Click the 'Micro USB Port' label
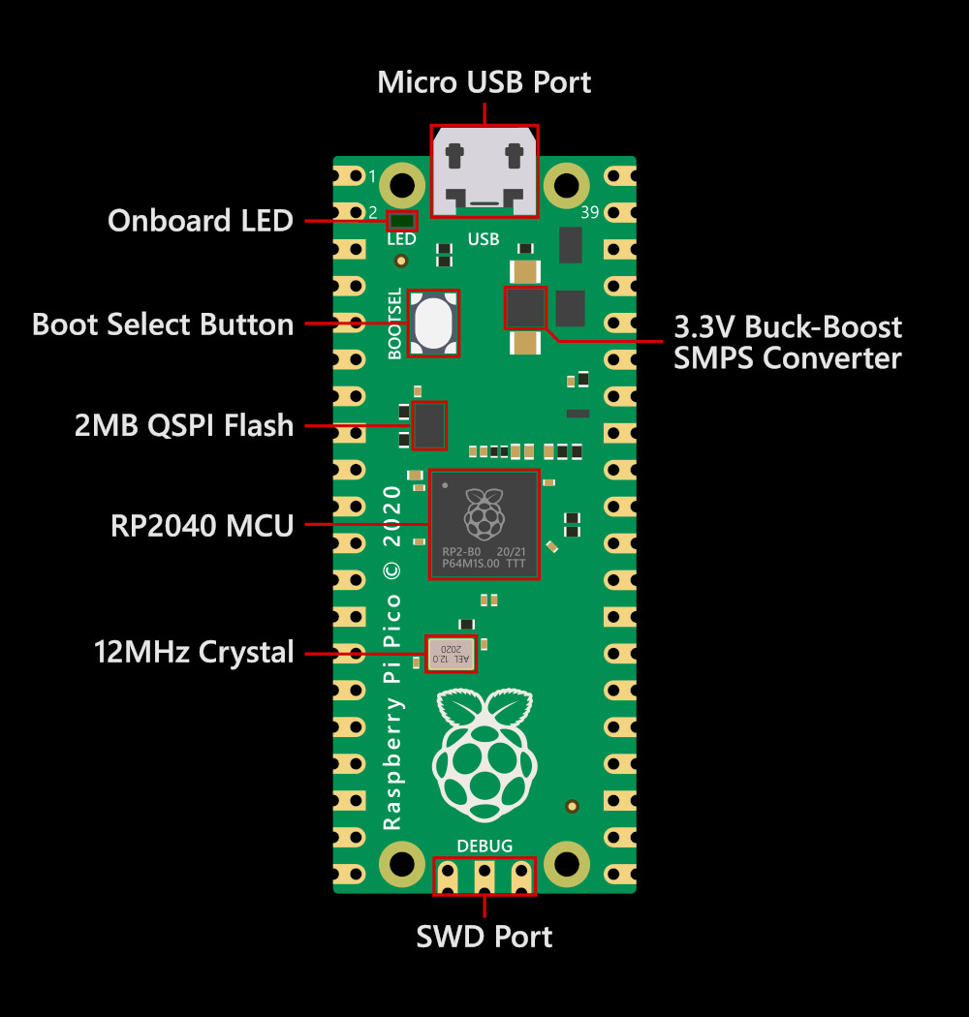click(x=484, y=82)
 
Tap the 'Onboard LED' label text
click(x=200, y=221)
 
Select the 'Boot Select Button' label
click(x=163, y=324)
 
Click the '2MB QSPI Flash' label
click(x=184, y=425)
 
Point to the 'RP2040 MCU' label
click(x=202, y=526)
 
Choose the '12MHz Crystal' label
click(x=194, y=652)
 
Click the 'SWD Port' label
click(x=484, y=937)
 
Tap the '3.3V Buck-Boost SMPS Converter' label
click(x=788, y=342)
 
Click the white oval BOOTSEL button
click(x=432, y=324)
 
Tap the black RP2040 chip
click(x=484, y=524)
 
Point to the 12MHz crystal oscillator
click(x=451, y=654)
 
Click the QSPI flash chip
click(x=429, y=425)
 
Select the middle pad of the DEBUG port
click(x=484, y=877)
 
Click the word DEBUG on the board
click(x=484, y=846)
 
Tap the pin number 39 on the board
click(x=589, y=213)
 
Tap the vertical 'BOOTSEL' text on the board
click(x=394, y=324)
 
